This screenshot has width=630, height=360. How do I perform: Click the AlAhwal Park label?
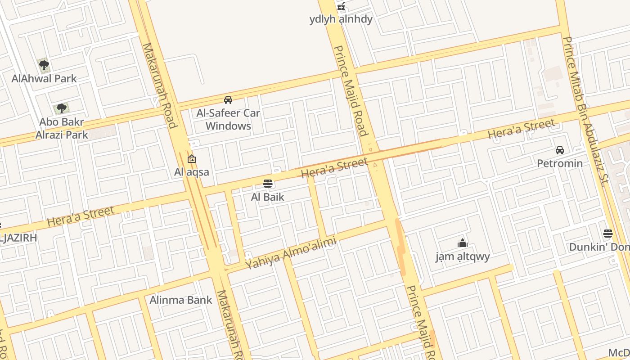click(44, 79)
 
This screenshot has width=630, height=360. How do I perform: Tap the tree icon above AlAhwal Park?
click(44, 66)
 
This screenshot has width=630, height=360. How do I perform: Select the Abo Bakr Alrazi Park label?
click(62, 128)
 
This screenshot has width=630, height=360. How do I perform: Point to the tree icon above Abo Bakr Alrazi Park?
click(62, 108)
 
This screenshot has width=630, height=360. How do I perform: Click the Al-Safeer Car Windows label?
click(228, 119)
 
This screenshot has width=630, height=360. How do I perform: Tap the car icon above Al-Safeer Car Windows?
click(228, 100)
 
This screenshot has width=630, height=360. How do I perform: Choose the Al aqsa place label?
click(192, 172)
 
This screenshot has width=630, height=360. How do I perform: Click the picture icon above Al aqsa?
click(192, 159)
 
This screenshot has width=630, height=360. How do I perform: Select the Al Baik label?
click(268, 197)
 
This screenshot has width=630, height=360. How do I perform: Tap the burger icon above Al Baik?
click(268, 184)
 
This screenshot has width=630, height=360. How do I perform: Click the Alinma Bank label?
click(181, 300)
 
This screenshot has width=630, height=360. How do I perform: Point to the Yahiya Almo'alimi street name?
click(291, 254)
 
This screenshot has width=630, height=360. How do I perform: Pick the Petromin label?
click(560, 163)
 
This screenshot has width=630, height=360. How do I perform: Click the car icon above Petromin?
click(560, 150)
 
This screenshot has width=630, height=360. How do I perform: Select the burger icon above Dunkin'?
click(608, 234)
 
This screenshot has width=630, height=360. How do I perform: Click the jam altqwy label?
click(463, 257)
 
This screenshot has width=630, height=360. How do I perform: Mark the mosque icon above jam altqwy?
click(463, 243)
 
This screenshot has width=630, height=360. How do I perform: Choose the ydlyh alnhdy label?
click(341, 19)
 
